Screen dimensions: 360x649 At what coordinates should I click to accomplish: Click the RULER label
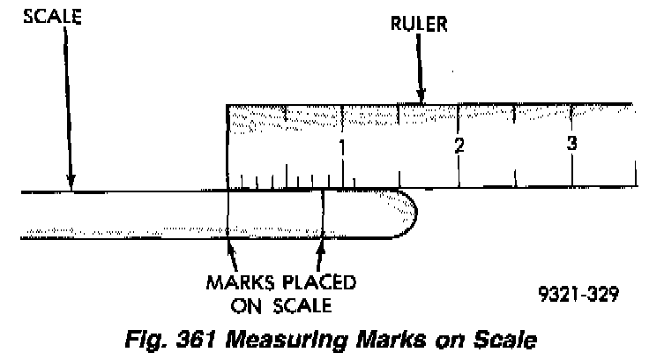click(420, 25)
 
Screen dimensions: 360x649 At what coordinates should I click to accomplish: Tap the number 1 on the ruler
click(342, 146)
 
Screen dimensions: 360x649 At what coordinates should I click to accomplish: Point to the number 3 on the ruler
click(571, 143)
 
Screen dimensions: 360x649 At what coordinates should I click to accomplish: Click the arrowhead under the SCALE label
click(71, 183)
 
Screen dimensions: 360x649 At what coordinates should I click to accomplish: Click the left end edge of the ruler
click(228, 146)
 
